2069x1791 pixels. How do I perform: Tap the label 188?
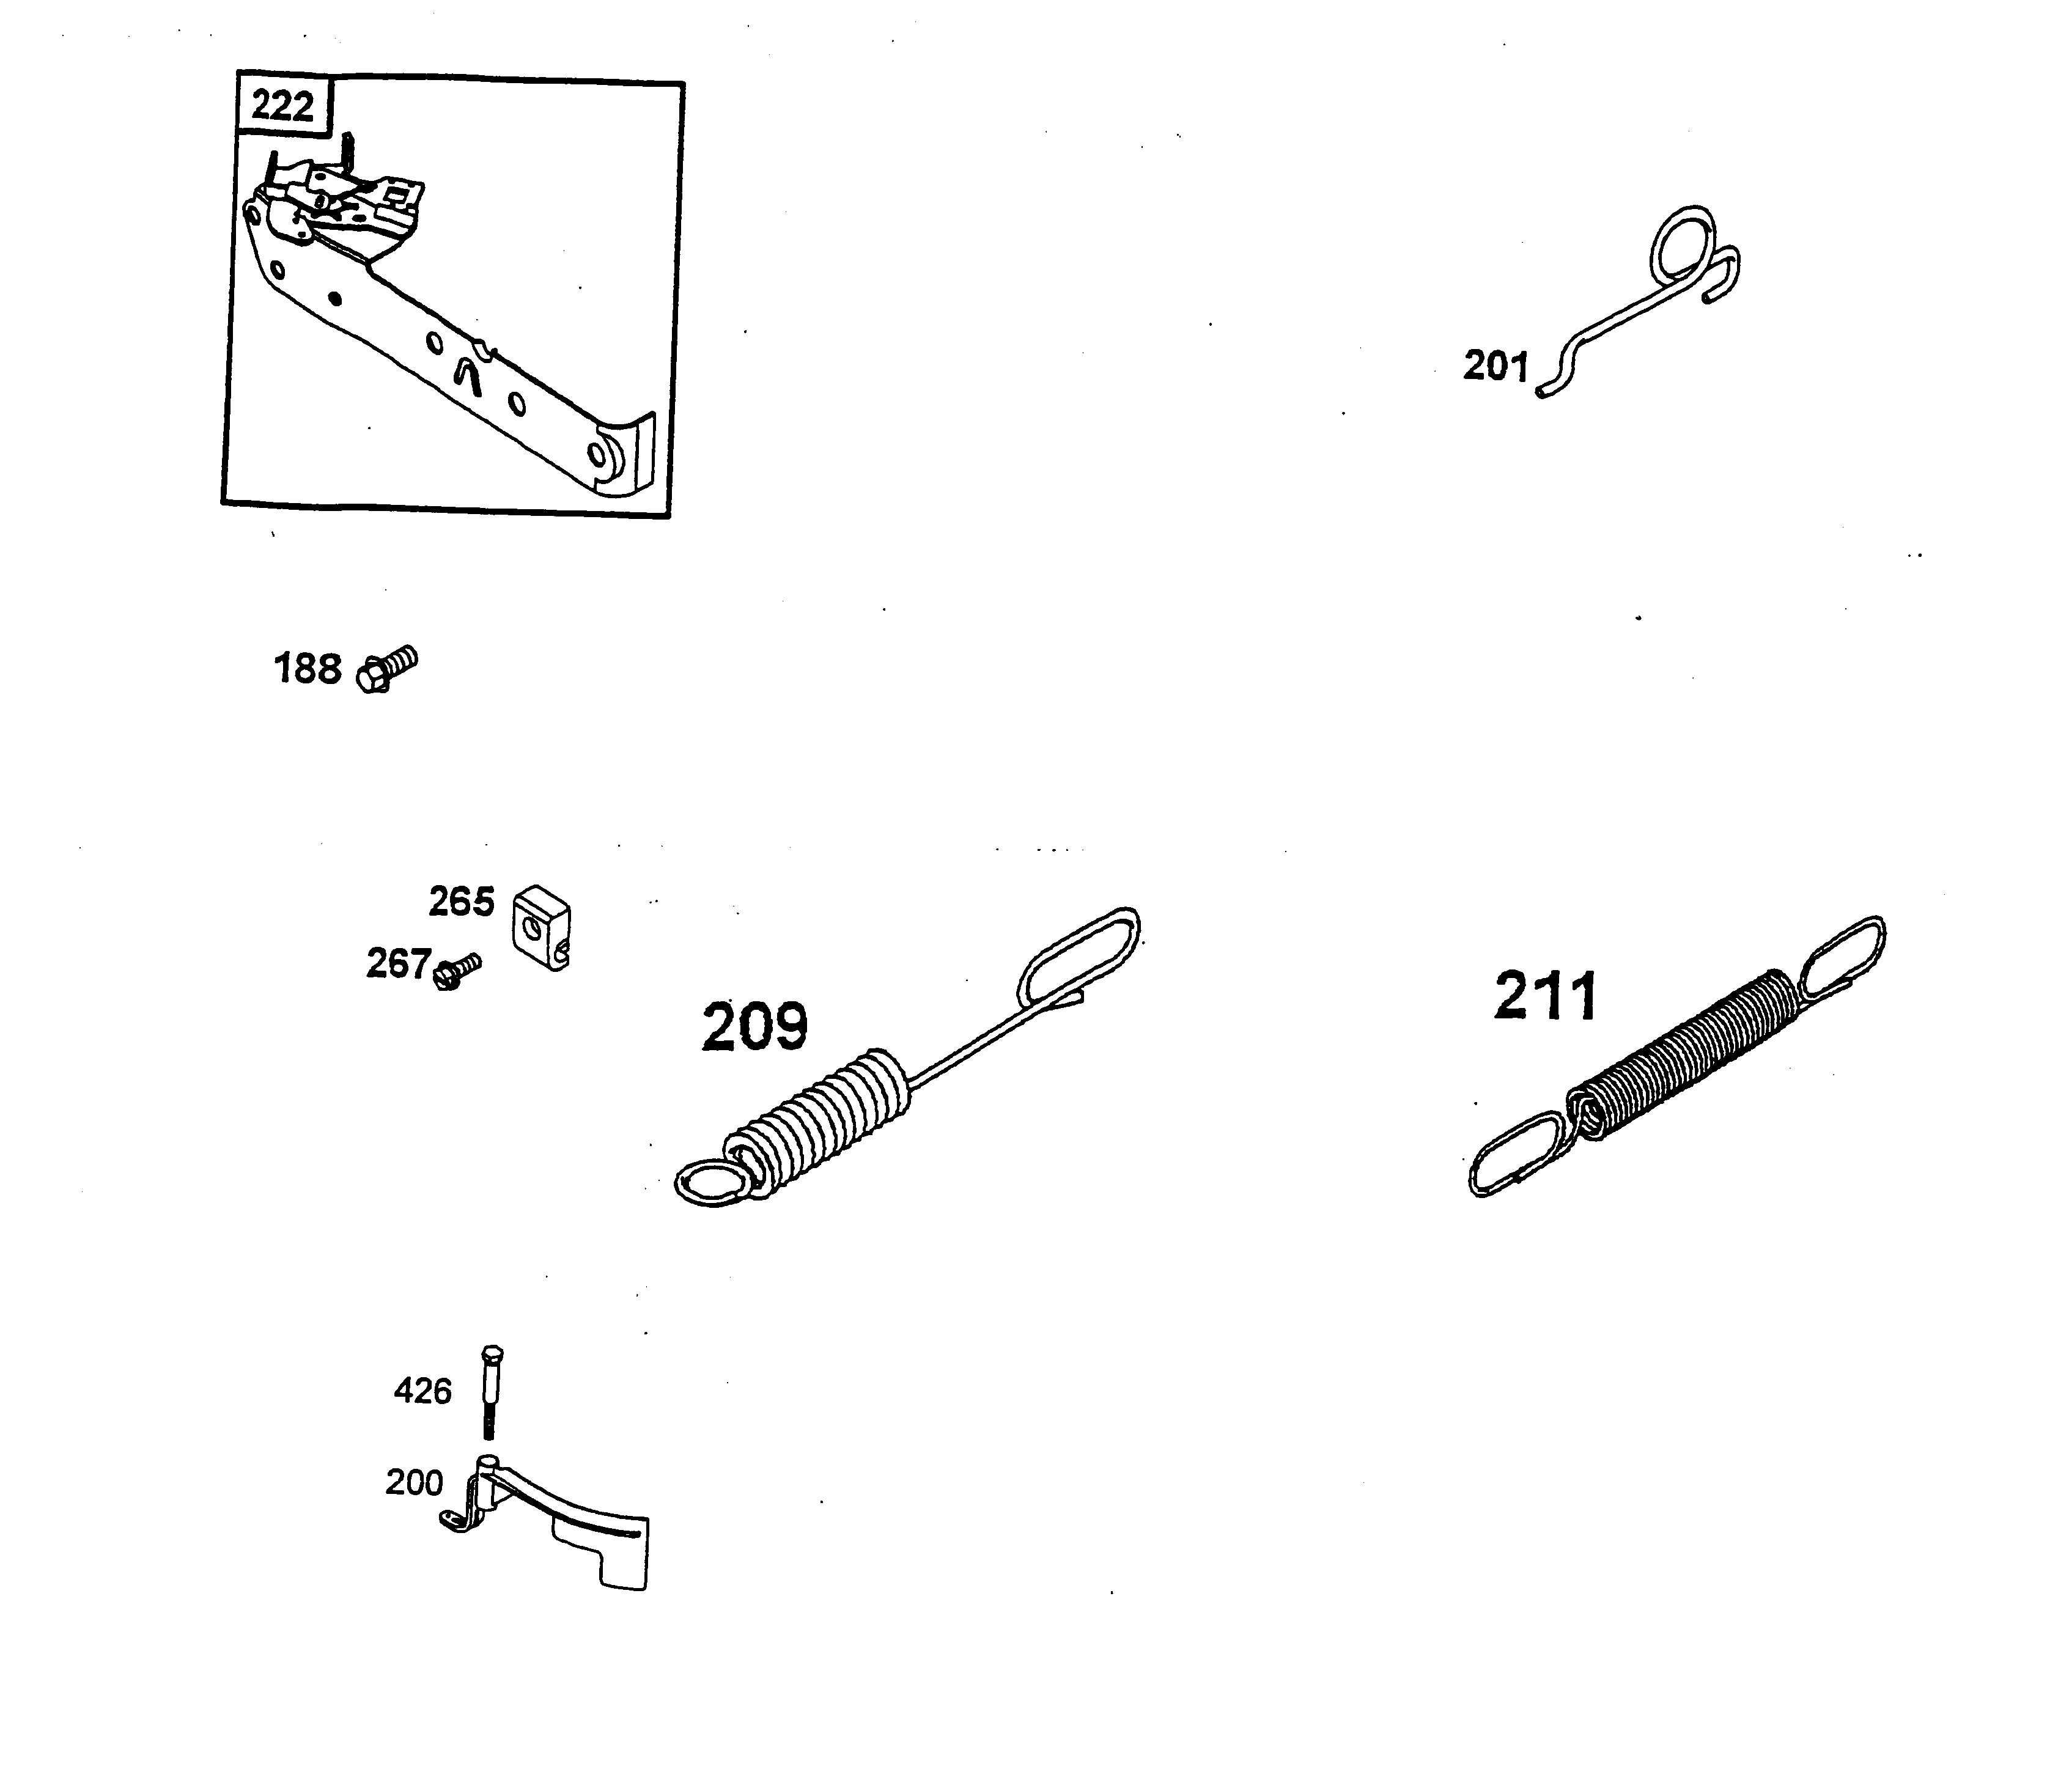point(308,669)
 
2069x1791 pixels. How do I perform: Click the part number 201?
point(1496,367)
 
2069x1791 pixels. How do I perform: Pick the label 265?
point(461,902)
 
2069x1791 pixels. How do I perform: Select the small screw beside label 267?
point(457,971)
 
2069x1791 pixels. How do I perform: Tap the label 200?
point(414,1482)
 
